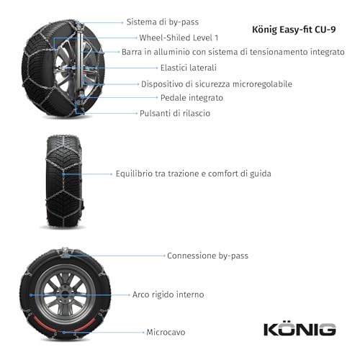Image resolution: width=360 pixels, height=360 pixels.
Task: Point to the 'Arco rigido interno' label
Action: coord(168,294)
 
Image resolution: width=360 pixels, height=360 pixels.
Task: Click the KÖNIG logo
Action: coord(299,329)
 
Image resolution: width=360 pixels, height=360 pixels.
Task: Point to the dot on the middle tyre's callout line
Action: coord(63,174)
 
